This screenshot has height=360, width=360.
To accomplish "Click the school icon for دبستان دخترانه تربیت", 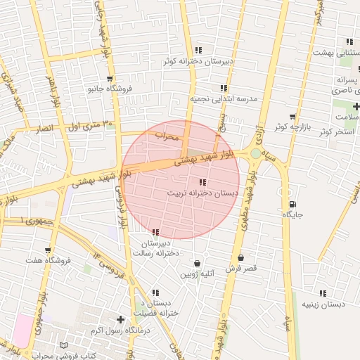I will pyautogui.click(x=203, y=183).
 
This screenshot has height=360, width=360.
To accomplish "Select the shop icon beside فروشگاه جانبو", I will pyautogui.click(x=109, y=79).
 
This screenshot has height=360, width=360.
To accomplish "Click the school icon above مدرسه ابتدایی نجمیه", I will pyautogui.click(x=224, y=88).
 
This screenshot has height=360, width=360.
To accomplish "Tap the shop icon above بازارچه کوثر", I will pyautogui.click(x=292, y=116).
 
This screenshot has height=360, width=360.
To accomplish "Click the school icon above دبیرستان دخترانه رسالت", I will pyautogui.click(x=155, y=232).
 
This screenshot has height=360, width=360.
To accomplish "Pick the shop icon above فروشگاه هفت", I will pyautogui.click(x=47, y=250).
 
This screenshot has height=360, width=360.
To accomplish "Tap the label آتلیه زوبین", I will pyautogui.click(x=198, y=274).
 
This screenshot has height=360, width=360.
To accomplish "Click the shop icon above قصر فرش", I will pyautogui.click(x=241, y=258).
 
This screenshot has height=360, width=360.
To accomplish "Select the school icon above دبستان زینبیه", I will pyautogui.click(x=323, y=293).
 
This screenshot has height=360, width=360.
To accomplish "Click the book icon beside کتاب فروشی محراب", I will pyautogui.click(x=64, y=346).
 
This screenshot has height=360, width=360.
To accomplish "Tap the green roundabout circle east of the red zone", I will pyautogui.click(x=255, y=153).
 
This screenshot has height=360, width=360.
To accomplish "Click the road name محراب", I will pyautogui.click(x=169, y=135).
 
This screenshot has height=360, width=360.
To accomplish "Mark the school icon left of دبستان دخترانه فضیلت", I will pyautogui.click(x=154, y=292).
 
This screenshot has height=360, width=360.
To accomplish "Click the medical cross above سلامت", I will pyautogui.click(x=356, y=107).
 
